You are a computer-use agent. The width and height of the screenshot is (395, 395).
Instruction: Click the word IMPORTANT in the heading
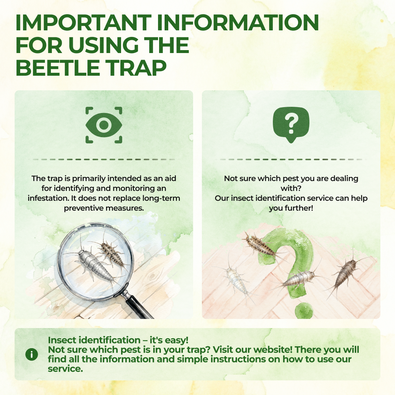(83, 22)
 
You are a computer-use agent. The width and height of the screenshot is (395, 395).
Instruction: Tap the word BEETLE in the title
(58, 68)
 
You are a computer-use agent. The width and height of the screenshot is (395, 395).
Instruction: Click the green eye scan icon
(104, 125)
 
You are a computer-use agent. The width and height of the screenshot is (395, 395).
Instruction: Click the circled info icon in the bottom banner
(32, 354)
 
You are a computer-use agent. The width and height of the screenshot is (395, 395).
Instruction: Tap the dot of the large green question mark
(304, 311)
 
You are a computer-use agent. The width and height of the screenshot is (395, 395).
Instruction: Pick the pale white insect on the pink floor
(237, 280)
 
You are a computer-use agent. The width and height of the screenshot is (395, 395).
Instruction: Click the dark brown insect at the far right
(345, 273)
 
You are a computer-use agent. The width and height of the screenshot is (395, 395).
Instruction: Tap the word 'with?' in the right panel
(291, 188)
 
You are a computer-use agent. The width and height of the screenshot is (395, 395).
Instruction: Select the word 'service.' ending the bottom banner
(65, 369)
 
